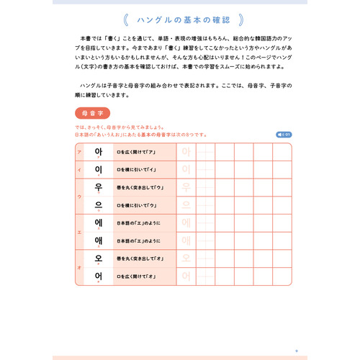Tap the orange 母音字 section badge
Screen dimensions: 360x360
click(x=91, y=113)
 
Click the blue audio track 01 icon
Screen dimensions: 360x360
click(x=283, y=134)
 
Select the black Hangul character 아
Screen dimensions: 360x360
click(x=99, y=152)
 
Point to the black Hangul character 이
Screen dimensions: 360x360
click(x=99, y=170)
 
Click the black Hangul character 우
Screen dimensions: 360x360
click(x=99, y=187)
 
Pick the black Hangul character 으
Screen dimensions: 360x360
click(x=99, y=205)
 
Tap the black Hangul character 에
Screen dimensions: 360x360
click(x=99, y=222)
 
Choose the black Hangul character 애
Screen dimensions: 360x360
click(x=99, y=240)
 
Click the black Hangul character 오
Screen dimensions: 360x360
click(x=99, y=258)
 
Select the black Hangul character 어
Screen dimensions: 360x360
click(x=99, y=276)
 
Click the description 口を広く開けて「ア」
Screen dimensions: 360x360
click(x=137, y=152)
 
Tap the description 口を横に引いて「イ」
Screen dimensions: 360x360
click(x=137, y=170)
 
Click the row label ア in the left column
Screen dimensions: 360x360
click(x=78, y=153)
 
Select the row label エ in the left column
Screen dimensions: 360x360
click(x=78, y=232)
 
